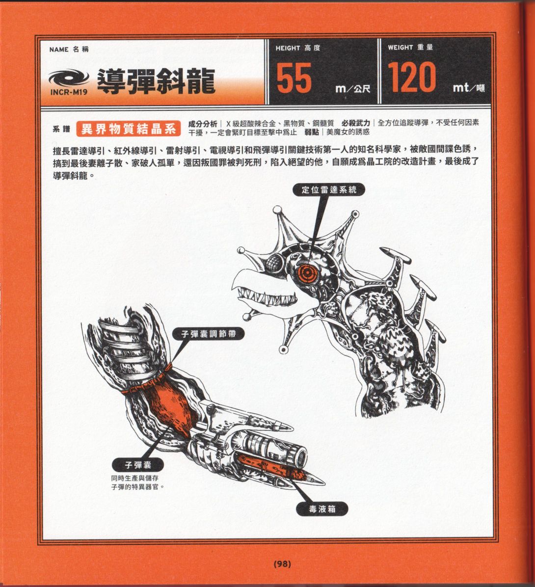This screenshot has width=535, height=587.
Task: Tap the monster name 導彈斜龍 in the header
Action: tap(156, 80)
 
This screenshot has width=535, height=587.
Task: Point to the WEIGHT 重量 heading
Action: tap(410, 48)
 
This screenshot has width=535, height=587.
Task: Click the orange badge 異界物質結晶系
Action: tap(129, 129)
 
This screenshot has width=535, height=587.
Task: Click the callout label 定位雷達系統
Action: tap(329, 190)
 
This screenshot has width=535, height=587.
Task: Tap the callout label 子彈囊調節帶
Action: tap(209, 334)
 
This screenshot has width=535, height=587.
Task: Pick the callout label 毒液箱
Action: tap(322, 509)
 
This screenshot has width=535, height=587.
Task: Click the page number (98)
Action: tap(282, 564)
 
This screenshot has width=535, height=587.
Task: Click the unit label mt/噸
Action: tap(469, 89)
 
